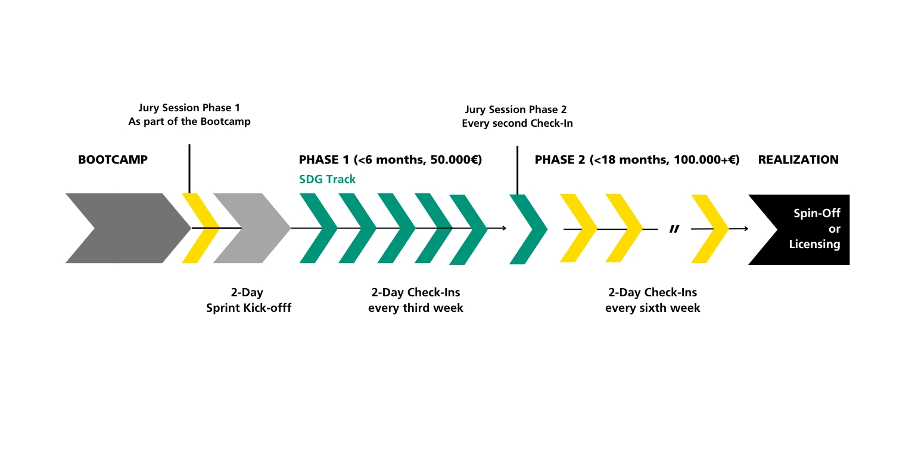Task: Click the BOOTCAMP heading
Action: point(113,159)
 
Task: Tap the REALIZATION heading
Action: point(798,159)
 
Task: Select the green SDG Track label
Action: point(327,179)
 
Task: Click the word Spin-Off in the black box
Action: point(817,213)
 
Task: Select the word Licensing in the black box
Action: point(814,245)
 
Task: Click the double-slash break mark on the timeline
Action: point(674,229)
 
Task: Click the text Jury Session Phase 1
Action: point(189,108)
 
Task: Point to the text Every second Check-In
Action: point(517,123)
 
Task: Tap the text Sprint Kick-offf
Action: point(249,308)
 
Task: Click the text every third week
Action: point(415,308)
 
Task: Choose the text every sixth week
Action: point(652,308)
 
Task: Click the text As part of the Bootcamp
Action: point(189,121)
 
